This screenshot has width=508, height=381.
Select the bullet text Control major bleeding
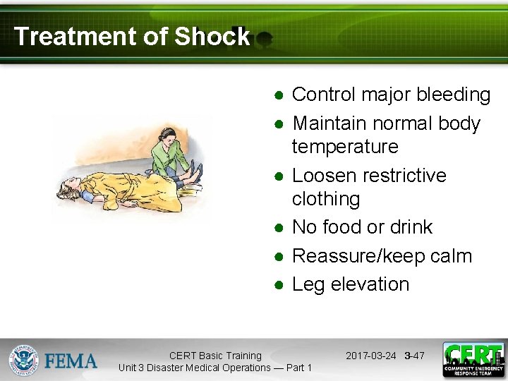(x=391, y=95)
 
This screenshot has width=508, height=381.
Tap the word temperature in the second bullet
(x=345, y=147)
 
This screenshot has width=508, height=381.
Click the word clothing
(x=325, y=199)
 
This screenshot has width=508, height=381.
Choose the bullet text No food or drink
(x=362, y=227)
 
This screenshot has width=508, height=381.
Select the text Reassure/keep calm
(x=382, y=255)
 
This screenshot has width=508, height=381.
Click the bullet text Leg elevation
(x=350, y=284)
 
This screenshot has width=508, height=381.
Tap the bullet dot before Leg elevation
(x=279, y=285)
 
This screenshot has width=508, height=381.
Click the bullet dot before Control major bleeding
(x=279, y=95)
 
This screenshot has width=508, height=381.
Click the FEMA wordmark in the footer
(x=71, y=361)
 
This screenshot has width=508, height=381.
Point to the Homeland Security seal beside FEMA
(x=23, y=361)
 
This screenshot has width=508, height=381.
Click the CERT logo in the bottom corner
(x=473, y=360)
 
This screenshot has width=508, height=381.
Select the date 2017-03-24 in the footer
(x=371, y=356)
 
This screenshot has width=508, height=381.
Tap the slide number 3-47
(x=415, y=356)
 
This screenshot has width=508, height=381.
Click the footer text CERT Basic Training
(x=215, y=356)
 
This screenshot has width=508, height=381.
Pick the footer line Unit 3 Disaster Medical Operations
(x=215, y=368)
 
